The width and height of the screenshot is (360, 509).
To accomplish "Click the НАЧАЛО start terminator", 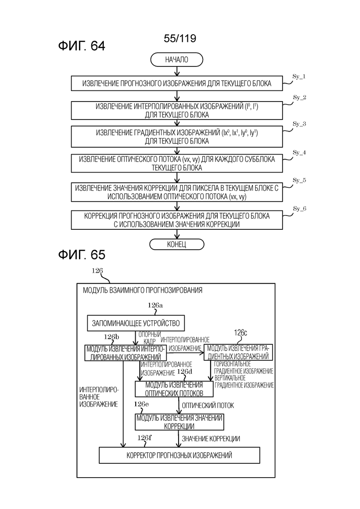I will (x=176, y=60).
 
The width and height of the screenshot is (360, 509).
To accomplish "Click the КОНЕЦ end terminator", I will (x=176, y=244).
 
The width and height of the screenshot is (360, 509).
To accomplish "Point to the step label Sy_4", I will (x=300, y=152).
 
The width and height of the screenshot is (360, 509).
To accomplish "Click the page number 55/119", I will (x=180, y=39).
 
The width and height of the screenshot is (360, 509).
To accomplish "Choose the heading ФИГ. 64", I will (x=82, y=46).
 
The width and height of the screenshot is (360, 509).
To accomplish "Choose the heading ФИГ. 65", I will (x=82, y=254).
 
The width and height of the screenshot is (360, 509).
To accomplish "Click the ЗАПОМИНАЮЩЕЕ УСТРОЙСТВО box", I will (x=136, y=323).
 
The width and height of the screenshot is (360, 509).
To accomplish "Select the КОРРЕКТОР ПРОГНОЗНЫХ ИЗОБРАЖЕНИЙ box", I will (x=179, y=455).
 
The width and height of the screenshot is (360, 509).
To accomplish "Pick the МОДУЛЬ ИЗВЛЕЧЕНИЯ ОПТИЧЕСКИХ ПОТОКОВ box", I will (x=174, y=389).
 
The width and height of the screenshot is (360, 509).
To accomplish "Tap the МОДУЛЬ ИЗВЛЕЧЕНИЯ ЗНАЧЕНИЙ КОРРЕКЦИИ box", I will (x=179, y=422).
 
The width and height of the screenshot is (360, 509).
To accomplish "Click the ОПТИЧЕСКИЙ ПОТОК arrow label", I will (x=209, y=406).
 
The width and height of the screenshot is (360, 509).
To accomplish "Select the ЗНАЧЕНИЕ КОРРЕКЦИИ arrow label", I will (x=211, y=438).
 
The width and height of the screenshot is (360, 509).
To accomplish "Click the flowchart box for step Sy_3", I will (x=176, y=137).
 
